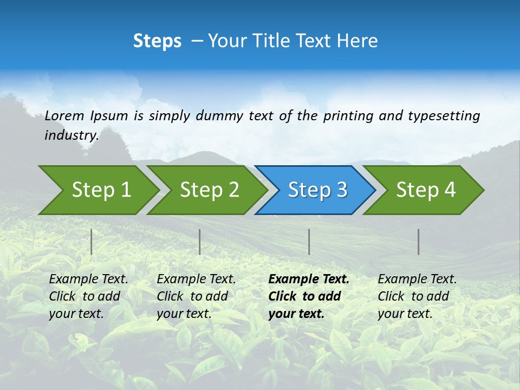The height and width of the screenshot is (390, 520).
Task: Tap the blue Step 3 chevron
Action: [x=317, y=190]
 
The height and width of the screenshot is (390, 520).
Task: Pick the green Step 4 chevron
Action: [x=426, y=190]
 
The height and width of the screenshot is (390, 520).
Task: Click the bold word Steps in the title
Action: [x=157, y=41]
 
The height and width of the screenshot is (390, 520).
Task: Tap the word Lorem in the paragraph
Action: [x=64, y=115]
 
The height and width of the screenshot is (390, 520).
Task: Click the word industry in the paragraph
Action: [x=71, y=135]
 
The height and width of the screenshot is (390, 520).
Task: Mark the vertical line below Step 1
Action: [x=92, y=242]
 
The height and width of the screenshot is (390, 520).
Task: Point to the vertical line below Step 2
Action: [x=200, y=242]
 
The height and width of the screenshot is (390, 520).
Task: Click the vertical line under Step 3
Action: [x=309, y=242]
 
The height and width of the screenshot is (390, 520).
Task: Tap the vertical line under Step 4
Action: [x=418, y=242]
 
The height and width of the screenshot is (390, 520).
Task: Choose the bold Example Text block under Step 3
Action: [x=309, y=296]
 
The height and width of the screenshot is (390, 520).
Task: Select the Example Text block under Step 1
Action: [x=88, y=296]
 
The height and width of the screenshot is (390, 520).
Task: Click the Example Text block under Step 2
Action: [x=196, y=296]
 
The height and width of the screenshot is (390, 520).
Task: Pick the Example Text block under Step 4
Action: [x=417, y=296]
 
